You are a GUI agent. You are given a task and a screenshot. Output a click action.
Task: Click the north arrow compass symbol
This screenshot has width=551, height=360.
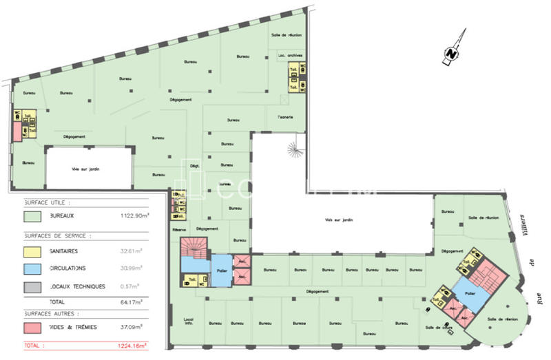452,50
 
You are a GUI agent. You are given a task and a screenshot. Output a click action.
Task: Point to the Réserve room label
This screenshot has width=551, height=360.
180,229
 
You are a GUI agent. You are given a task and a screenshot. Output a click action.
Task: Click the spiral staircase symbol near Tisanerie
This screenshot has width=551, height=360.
295,147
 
